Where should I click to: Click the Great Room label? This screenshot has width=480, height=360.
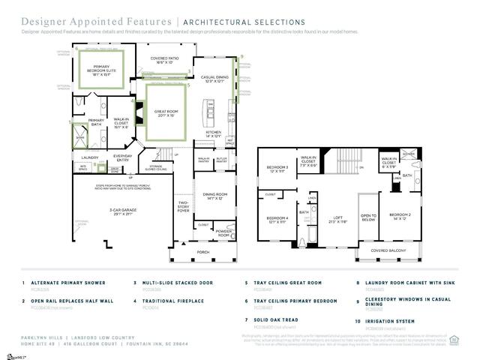tap(165, 114)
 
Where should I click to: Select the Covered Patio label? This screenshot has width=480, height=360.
tap(163, 60)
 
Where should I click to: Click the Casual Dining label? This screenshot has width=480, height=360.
tap(214, 79)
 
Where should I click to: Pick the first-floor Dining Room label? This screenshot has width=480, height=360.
tap(214, 196)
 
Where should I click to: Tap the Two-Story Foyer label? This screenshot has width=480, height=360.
tap(183, 207)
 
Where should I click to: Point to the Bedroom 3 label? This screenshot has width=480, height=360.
tap(277, 169)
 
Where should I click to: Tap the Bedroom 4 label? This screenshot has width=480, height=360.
tap(277, 220)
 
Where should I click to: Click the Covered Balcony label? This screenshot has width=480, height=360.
tap(388, 250)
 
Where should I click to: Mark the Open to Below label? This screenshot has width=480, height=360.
tap(367, 218)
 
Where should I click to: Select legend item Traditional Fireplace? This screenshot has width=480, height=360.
tap(175, 301)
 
